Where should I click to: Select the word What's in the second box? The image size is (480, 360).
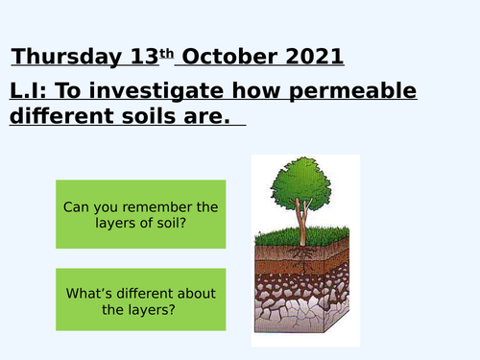click(87, 293)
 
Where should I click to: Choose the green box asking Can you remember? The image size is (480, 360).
click(141, 215)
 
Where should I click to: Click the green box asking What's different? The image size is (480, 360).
click(141, 301)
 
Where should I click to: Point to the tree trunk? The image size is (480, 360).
click(300, 227)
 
